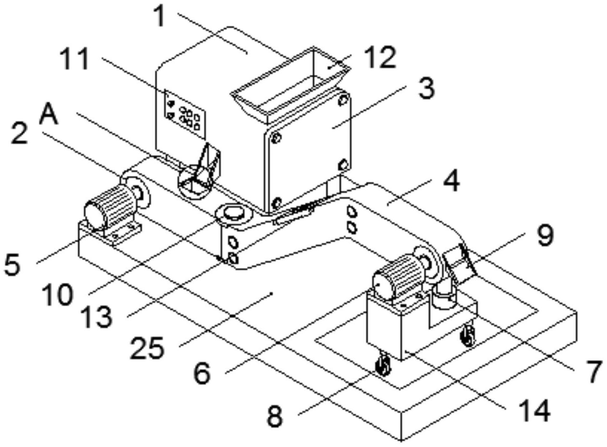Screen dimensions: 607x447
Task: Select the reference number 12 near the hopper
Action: pos(382,58)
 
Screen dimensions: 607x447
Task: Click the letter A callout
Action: pos(49,115)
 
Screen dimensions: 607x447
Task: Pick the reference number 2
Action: pos(20,133)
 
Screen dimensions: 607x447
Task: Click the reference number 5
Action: pos(12,264)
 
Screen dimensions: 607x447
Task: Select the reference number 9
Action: pos(545,236)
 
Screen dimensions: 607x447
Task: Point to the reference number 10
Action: pos(57,295)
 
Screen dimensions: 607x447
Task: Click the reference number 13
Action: pos(97,317)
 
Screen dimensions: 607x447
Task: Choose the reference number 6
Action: pos(202,373)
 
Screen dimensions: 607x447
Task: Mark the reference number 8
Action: pos(275,416)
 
